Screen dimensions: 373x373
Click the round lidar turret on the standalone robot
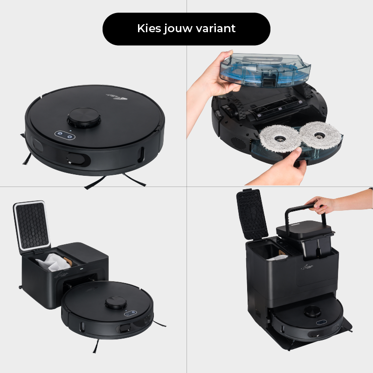[83, 117]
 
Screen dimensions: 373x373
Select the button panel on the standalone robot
[64, 135]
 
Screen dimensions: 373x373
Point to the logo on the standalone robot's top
[108, 95]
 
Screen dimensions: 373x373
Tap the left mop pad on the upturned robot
[280, 137]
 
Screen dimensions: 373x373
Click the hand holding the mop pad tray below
[284, 168]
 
